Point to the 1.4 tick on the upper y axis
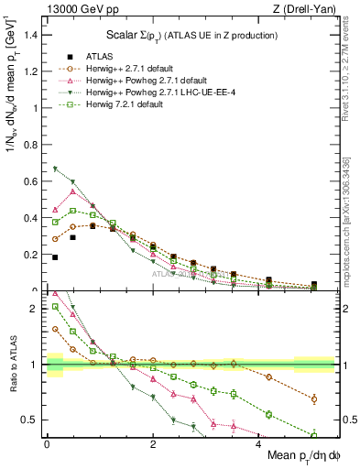(x=33, y=35)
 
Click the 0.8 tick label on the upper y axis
(x=33, y=145)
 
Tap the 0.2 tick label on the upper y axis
(x=33, y=255)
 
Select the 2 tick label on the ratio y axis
(x=37, y=309)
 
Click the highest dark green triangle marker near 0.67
(x=56, y=169)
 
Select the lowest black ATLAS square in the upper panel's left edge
(x=56, y=257)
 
